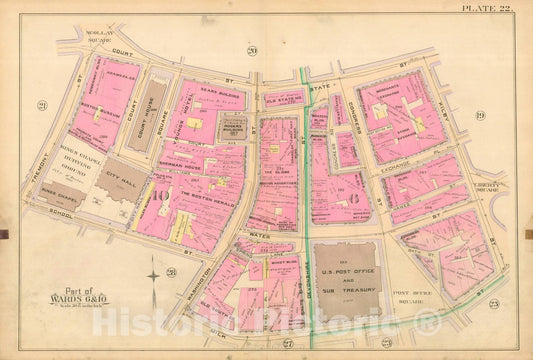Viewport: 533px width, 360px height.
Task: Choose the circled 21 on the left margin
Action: point(42,104)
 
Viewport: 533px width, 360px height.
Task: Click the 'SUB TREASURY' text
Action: point(346,283)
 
